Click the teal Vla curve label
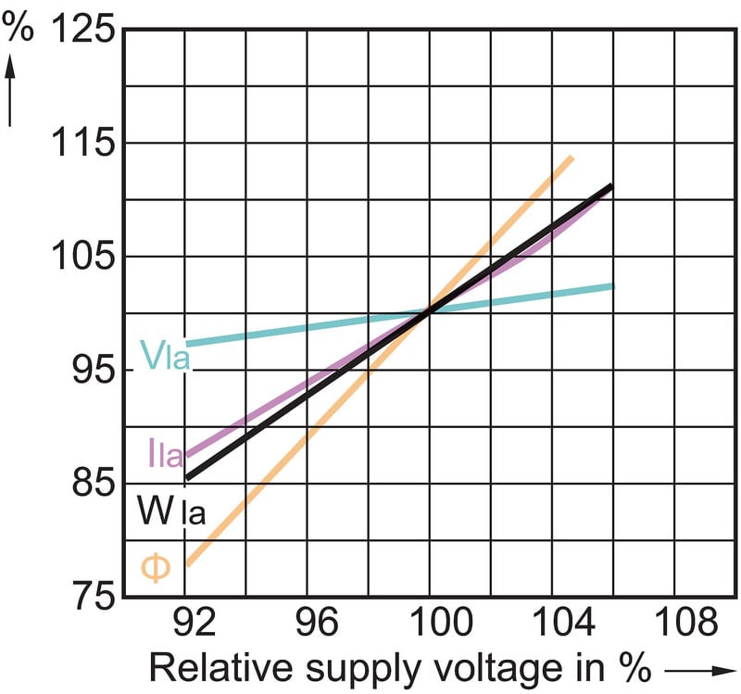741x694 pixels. (x=165, y=355)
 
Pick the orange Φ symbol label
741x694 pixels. (x=157, y=567)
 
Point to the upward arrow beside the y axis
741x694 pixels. (x=13, y=91)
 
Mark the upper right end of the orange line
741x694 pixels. (x=571, y=158)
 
